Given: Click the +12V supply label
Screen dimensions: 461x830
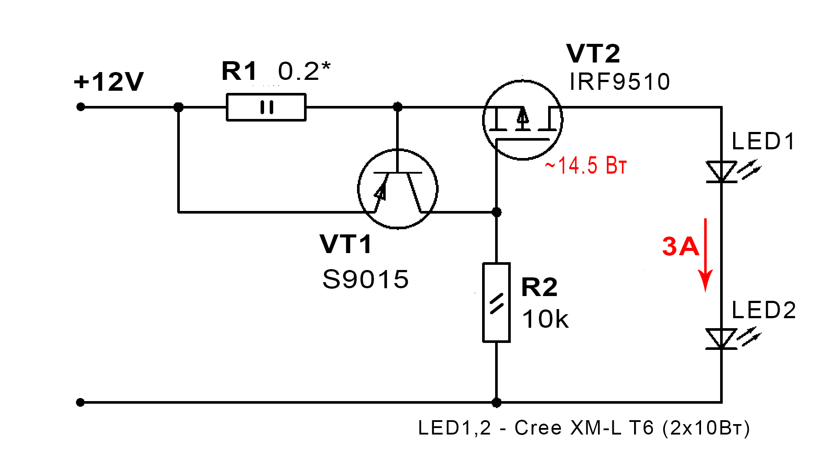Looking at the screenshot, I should (109, 82).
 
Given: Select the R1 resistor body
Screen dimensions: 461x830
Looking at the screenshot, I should (266, 107).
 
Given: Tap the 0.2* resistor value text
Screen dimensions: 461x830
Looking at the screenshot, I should (304, 71).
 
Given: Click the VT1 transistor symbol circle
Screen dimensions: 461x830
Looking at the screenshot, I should (397, 189).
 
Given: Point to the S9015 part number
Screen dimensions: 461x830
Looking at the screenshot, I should (365, 279).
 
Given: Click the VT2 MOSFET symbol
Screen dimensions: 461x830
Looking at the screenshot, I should (522, 120).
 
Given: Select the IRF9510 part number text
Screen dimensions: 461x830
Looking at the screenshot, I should (620, 82).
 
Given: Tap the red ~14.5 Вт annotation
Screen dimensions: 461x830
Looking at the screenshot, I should (585, 165).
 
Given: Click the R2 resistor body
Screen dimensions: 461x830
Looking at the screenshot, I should (496, 303).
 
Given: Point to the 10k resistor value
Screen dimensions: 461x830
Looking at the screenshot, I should (545, 319).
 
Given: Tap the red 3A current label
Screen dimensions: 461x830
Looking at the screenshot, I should (680, 247).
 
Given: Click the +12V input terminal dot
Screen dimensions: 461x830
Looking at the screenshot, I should (80, 107).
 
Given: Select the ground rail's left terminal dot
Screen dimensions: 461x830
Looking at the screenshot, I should (80, 402).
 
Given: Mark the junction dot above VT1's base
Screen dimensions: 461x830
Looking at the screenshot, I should (397, 107).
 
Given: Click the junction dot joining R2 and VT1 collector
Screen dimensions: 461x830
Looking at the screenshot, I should (496, 212).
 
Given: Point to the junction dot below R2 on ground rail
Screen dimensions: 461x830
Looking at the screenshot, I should (496, 403).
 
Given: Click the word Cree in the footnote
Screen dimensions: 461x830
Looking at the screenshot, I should (538, 428).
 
